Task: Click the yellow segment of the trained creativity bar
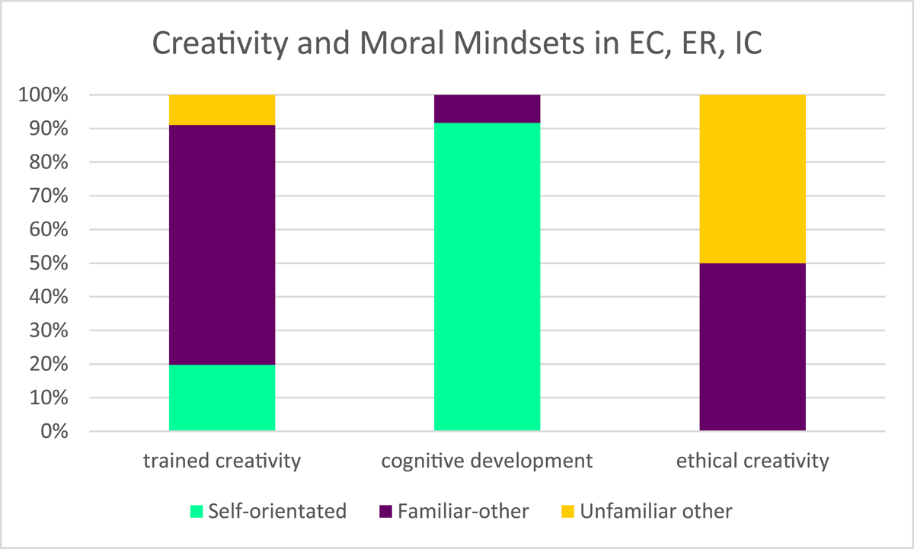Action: [x=222, y=110]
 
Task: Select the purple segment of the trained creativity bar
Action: [x=222, y=244]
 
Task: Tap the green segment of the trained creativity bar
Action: [x=222, y=397]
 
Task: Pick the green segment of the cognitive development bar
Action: [x=487, y=277]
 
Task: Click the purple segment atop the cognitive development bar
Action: [x=487, y=109]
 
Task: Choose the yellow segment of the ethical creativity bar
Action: [x=752, y=179]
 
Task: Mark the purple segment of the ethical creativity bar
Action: [x=752, y=347]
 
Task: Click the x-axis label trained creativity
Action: [x=222, y=461]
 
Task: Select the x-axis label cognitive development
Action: [x=487, y=461]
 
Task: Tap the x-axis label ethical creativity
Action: [x=752, y=461]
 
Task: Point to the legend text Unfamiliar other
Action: [x=656, y=510]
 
